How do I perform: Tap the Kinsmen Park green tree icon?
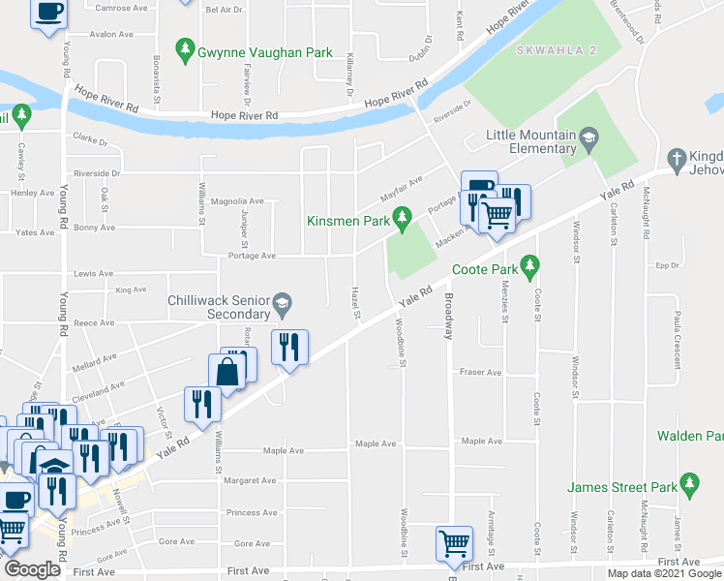click(x=406, y=221)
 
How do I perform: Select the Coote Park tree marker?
click(x=528, y=263)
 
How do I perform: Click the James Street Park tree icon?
click(x=689, y=482)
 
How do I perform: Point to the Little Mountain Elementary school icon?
click(x=588, y=142)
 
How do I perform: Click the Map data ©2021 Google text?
click(x=663, y=573)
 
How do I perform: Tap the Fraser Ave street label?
click(x=481, y=372)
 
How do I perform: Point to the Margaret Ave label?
click(x=250, y=480)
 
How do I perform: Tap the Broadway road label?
click(x=448, y=317)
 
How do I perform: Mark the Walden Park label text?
click(x=690, y=436)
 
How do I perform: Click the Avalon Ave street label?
click(x=110, y=34)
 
